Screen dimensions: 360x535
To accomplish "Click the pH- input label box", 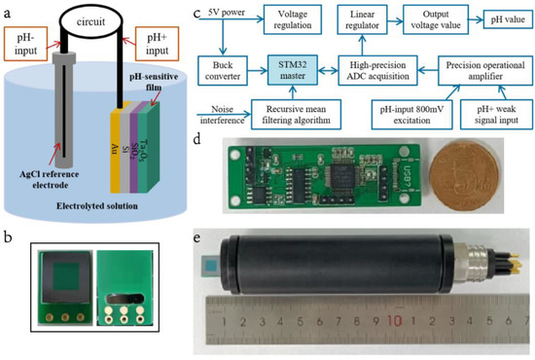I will click(x=24, y=44).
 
